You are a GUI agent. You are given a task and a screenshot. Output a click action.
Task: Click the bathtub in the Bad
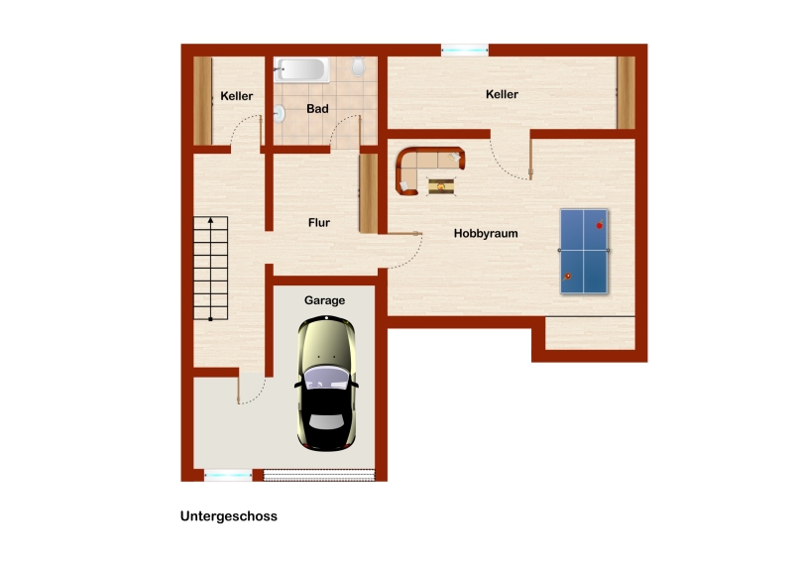point(301,69)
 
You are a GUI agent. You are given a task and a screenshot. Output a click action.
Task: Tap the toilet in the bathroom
point(358,66)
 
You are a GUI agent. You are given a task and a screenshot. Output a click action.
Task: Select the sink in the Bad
point(279,114)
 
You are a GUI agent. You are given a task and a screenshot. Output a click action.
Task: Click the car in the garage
point(326,384)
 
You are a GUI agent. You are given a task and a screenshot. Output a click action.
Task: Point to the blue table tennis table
point(584,251)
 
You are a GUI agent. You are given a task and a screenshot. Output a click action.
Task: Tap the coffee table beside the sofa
point(441,186)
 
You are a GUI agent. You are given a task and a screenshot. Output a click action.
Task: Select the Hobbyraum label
point(486,234)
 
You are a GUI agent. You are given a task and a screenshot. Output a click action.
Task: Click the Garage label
point(325,300)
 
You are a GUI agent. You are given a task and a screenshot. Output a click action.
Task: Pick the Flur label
point(319,222)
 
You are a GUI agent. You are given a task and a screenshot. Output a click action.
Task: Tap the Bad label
point(317,108)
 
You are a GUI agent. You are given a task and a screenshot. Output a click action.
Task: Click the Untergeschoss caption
point(229,516)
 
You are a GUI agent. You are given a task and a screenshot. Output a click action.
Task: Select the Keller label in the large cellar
point(502,94)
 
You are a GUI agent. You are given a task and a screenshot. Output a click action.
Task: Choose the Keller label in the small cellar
point(237,96)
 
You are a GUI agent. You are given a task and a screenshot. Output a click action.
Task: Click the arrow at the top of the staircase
point(211,220)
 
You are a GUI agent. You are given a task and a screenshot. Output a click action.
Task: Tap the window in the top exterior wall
point(465,50)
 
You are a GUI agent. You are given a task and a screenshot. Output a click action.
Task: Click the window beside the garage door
point(228,476)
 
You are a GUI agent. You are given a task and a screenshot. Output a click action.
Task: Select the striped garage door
point(319,476)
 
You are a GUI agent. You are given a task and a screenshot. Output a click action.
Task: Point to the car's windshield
point(326,377)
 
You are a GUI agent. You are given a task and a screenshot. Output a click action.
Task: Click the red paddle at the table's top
point(600,224)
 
